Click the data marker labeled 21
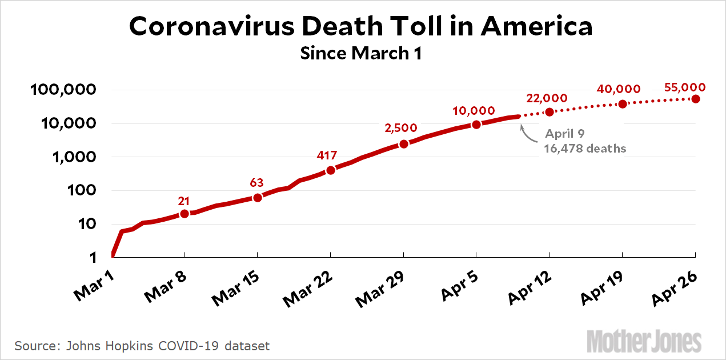184,214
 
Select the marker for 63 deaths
257,198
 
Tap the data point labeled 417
330,170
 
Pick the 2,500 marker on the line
403,144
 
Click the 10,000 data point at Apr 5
476,125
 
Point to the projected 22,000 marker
549,112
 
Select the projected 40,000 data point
623,104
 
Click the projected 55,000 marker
696,99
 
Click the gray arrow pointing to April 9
527,134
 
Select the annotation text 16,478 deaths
585,149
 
